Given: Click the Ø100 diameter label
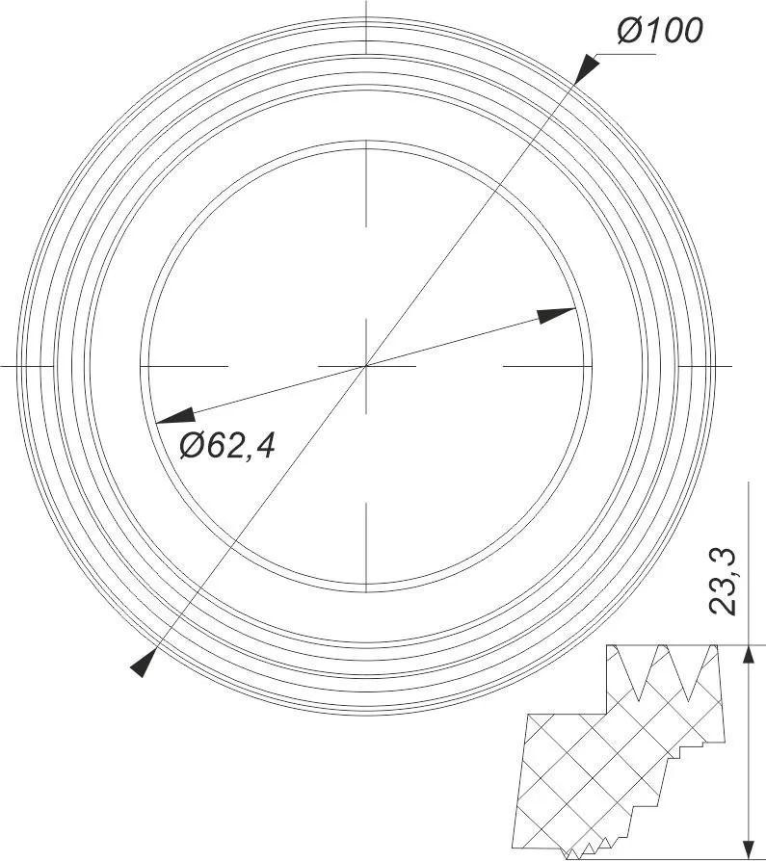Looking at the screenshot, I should pos(660,31).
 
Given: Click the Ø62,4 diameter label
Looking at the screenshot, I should pos(227,445).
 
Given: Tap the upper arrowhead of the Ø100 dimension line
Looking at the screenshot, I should pos(585,67).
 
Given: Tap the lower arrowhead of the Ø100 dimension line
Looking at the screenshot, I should pos(144,663).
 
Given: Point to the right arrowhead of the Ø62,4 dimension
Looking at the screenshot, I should pos(557,315).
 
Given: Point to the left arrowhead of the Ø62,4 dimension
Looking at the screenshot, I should pos(174,416).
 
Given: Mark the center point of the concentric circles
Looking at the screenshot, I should pos(366,366).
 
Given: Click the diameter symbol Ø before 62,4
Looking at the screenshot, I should pos(191,445).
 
